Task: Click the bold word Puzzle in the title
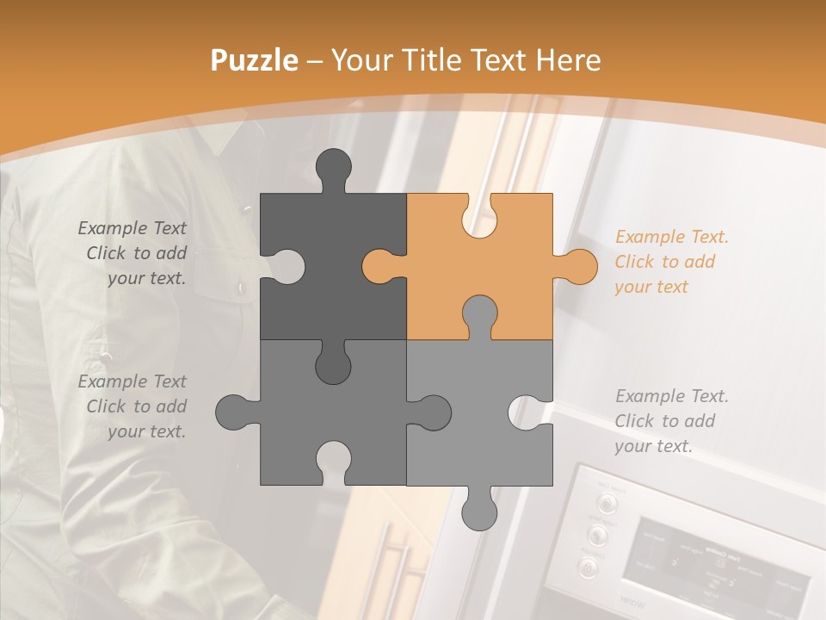(x=255, y=60)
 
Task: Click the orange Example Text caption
(x=671, y=262)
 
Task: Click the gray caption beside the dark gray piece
(x=133, y=253)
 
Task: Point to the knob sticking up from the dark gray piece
(x=334, y=168)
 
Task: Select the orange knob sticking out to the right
(x=577, y=266)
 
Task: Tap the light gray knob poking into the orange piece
(x=479, y=314)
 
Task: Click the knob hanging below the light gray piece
(x=479, y=510)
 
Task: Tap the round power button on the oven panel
(x=589, y=567)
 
